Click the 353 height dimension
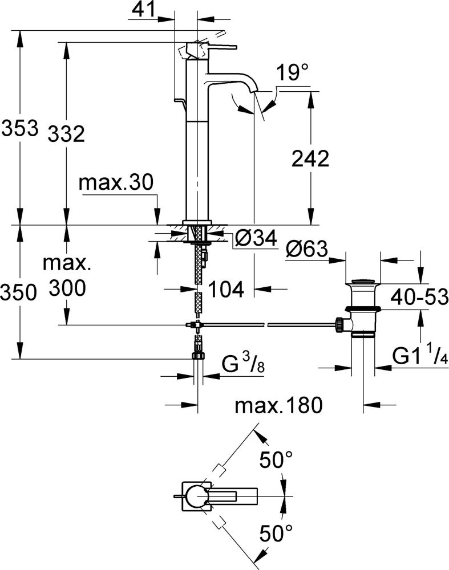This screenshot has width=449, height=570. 19,128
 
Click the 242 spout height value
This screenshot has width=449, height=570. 310,159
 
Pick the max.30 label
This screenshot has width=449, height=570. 116,183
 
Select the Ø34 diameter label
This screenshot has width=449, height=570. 255,240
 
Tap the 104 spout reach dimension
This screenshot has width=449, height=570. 226,289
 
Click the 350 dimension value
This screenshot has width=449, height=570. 19,292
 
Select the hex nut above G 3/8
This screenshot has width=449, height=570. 198,355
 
